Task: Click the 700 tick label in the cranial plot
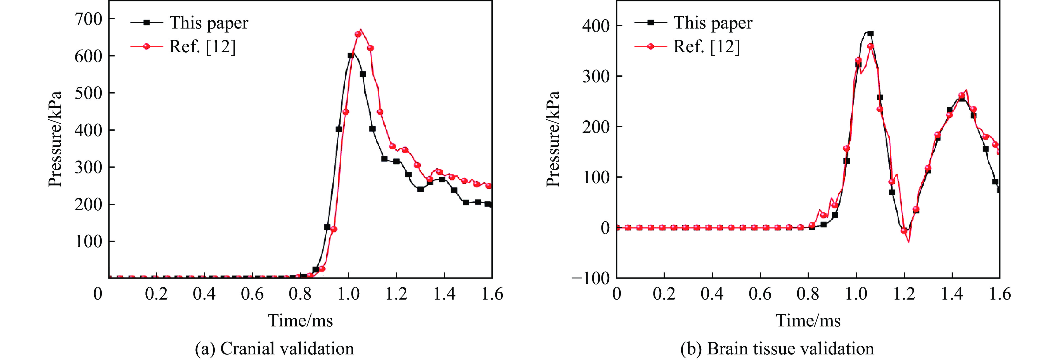click(88, 19)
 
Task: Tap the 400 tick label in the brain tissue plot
click(596, 26)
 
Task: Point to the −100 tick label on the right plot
click(591, 278)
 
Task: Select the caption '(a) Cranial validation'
click(274, 349)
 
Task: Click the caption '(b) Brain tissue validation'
click(777, 349)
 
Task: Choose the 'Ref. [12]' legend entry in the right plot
click(706, 47)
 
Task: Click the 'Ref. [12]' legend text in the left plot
click(202, 47)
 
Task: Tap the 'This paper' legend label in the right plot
click(713, 23)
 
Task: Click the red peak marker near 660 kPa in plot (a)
click(358, 34)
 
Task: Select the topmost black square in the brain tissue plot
click(870, 34)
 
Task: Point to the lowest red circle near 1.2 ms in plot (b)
click(904, 231)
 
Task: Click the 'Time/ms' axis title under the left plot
click(300, 320)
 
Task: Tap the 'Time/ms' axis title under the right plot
click(808, 320)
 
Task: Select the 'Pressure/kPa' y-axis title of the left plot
click(55, 139)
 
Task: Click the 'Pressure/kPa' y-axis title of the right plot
click(553, 139)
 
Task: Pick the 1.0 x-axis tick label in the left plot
click(348, 294)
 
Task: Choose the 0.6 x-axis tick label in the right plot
click(760, 294)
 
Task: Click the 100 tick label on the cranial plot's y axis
click(88, 241)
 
